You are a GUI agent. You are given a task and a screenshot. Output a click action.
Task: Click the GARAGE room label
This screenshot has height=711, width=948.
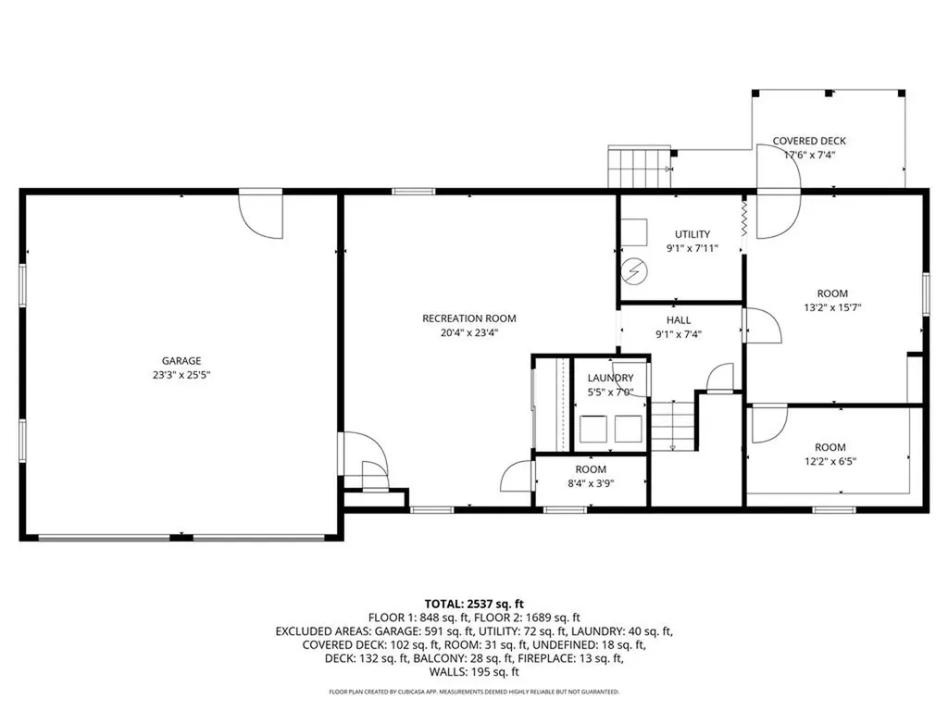[x=181, y=361]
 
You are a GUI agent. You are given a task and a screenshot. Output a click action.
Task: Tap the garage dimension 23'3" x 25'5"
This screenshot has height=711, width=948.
[x=181, y=375]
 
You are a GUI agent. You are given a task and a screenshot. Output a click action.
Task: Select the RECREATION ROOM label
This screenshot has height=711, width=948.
[x=468, y=318]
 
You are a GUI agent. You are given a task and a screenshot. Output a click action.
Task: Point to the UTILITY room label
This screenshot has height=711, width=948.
[x=692, y=234]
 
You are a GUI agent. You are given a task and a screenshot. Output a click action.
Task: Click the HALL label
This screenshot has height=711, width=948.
[x=679, y=320]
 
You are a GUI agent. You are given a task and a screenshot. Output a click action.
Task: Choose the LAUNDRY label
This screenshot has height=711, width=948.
[x=610, y=378]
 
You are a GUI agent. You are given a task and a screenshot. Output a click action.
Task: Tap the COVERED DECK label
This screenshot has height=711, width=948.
[x=809, y=142]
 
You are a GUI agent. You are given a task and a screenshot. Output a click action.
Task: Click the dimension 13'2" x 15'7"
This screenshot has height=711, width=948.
[x=838, y=307]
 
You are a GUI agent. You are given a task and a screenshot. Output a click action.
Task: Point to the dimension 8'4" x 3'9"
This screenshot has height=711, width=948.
[x=591, y=482]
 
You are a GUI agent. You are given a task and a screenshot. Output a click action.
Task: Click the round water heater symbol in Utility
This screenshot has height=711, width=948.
[x=636, y=271]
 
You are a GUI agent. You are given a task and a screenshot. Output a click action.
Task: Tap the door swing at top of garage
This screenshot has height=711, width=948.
[x=260, y=215]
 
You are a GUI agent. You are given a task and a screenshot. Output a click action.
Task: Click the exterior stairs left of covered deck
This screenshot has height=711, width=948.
[x=638, y=168]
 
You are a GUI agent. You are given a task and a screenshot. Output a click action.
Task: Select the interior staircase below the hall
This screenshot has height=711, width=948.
[x=673, y=425]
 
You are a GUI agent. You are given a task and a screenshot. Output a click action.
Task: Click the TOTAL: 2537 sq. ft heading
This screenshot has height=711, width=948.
[x=474, y=604]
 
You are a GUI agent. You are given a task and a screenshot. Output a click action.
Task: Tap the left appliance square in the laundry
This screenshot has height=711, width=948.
[x=592, y=428]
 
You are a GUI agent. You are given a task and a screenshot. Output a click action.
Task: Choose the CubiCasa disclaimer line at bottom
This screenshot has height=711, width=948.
[x=474, y=692]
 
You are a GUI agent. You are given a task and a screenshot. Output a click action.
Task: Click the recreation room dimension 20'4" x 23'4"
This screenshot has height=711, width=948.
[x=468, y=332]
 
